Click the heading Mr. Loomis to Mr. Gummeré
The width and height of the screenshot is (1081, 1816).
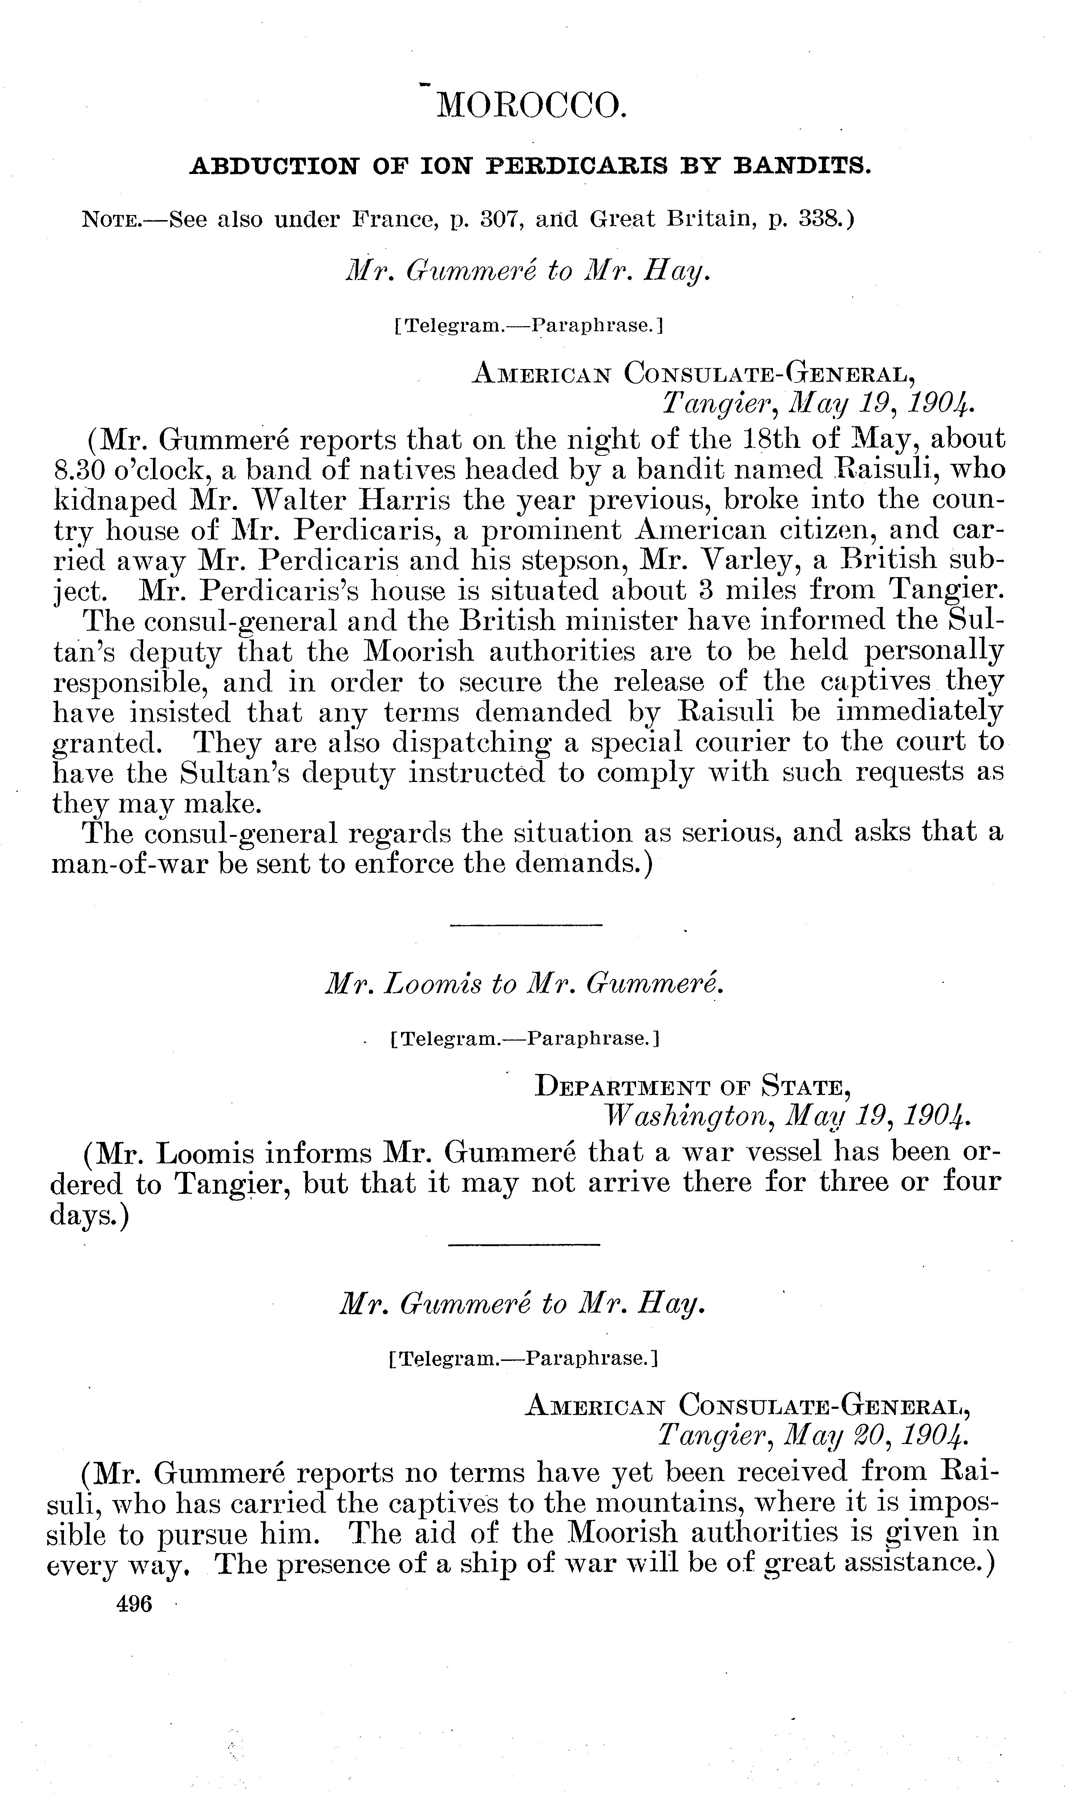[524, 985]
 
